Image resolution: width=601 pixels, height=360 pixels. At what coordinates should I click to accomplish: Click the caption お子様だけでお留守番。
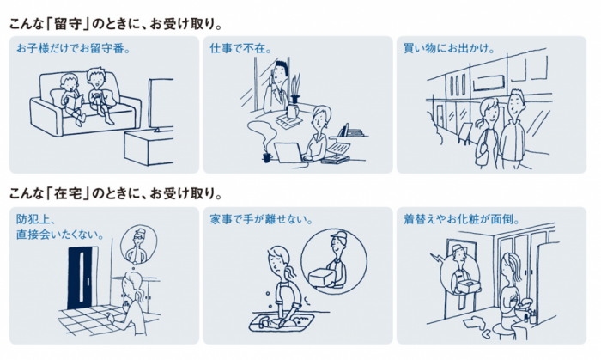click(73, 48)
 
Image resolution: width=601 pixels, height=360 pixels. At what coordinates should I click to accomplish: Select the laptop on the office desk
click(285, 151)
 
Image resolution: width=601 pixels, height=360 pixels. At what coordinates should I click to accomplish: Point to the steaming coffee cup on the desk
click(267, 156)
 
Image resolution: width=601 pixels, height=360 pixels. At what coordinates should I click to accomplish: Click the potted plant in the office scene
click(294, 87)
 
